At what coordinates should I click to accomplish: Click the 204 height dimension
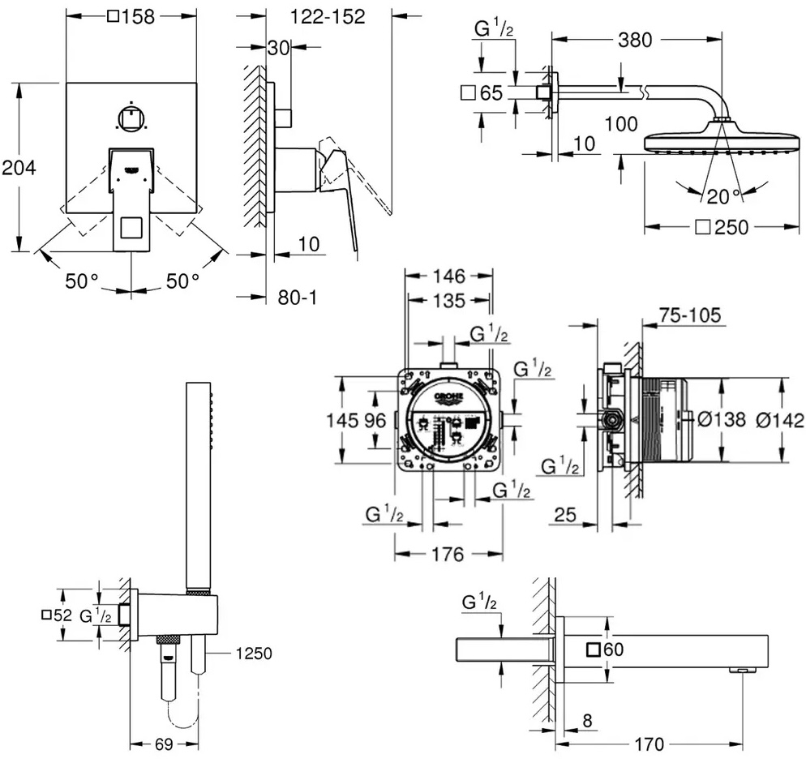coord(19,168)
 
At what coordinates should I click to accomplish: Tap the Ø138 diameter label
coord(721,419)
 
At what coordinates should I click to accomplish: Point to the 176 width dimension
coord(447,555)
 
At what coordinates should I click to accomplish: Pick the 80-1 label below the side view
coord(298,298)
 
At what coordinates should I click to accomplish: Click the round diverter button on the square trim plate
coord(131,118)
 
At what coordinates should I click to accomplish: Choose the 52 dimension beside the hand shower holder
coord(57,615)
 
